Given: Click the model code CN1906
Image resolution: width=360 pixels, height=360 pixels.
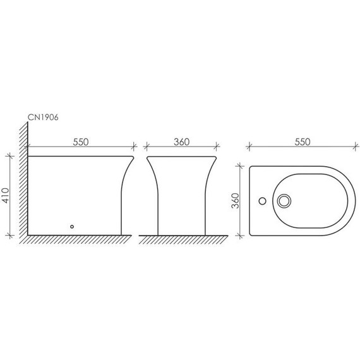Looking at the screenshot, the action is (x=43, y=117).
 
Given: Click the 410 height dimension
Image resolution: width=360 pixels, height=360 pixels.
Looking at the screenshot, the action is (x=6, y=195).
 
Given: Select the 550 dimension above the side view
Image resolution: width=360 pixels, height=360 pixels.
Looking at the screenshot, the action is (x=81, y=142).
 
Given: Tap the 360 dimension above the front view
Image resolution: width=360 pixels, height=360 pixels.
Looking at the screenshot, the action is (x=181, y=142).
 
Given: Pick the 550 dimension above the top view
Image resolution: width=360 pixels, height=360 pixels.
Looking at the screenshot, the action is (x=303, y=142).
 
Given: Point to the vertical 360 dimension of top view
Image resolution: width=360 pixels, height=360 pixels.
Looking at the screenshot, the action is (x=236, y=201).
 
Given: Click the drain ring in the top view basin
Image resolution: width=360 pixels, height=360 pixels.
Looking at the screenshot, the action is (x=284, y=201).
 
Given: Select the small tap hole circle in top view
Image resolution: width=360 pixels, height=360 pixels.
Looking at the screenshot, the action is (x=263, y=201).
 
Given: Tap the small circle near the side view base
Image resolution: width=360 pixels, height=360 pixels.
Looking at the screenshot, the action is (x=72, y=227).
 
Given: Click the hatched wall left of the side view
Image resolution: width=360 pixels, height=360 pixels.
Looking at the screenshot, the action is (x=23, y=179).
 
